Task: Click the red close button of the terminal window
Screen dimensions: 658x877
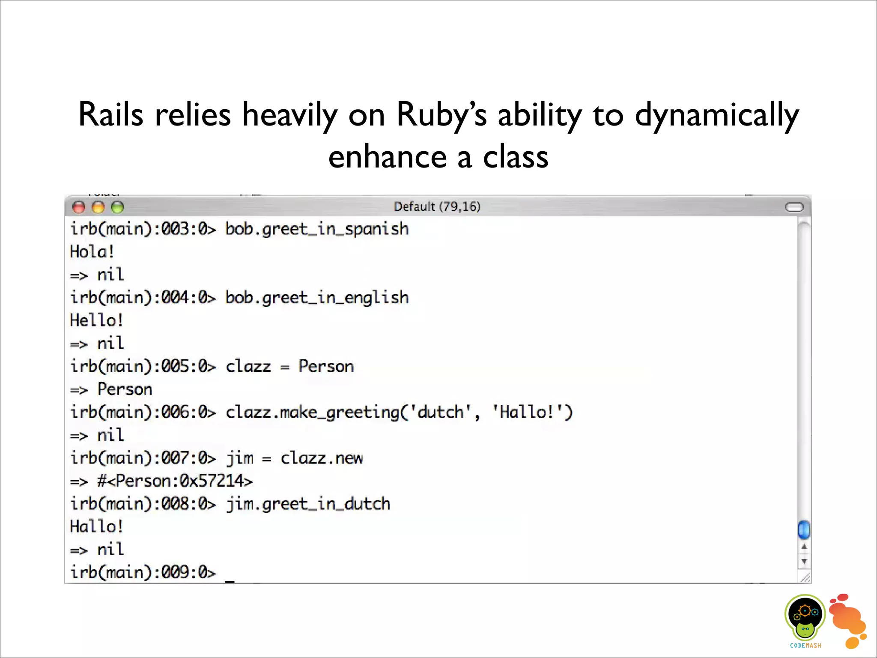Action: click(79, 207)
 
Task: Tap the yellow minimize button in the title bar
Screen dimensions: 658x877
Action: click(98, 207)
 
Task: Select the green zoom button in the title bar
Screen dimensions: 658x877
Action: click(117, 207)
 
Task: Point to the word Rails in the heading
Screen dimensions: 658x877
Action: click(110, 115)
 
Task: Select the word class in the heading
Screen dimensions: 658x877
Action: click(516, 157)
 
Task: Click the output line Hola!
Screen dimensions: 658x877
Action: click(92, 252)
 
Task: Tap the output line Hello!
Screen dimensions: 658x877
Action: click(96, 320)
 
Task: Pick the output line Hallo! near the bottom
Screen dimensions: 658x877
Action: click(96, 526)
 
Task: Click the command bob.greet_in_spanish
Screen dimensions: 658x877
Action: click(317, 229)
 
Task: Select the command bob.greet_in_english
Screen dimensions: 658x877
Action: click(317, 298)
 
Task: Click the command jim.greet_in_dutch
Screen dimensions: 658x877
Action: click(308, 504)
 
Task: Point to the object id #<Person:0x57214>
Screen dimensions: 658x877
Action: click(175, 481)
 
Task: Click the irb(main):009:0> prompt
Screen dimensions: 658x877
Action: click(143, 572)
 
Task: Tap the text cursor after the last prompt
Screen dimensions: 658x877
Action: click(230, 580)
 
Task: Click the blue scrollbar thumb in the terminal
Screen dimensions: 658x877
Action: click(804, 529)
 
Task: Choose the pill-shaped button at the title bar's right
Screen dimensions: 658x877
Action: click(794, 207)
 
